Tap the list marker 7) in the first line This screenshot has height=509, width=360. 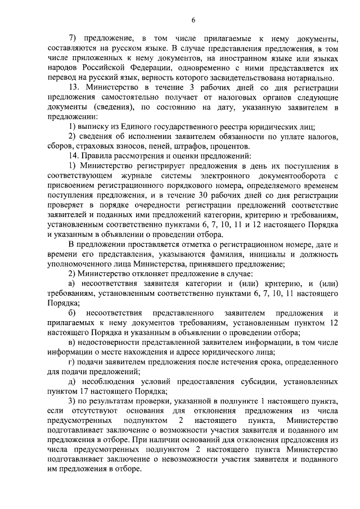click(73, 39)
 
